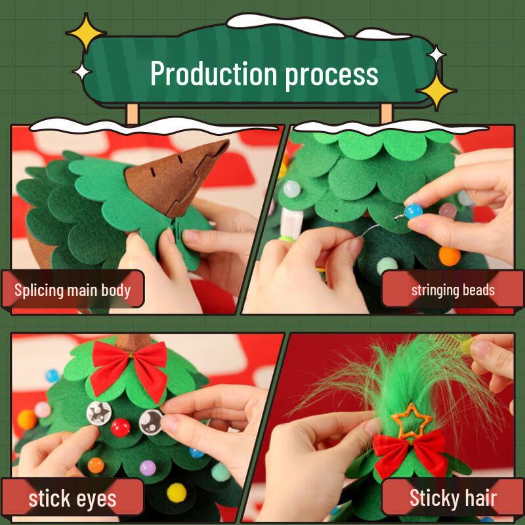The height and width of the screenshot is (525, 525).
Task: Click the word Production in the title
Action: click(x=215, y=73)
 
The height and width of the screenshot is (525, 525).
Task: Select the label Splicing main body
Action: click(x=73, y=290)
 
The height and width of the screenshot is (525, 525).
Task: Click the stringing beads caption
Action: click(x=453, y=290)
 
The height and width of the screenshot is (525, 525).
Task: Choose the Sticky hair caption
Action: click(x=453, y=498)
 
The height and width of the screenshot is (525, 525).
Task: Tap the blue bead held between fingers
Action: click(x=413, y=211)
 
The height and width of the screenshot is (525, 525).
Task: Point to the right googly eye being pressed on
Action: click(x=150, y=420)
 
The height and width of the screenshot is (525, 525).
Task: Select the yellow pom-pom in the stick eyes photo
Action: click(x=176, y=492)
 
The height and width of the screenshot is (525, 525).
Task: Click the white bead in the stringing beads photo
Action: click(x=290, y=190)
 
